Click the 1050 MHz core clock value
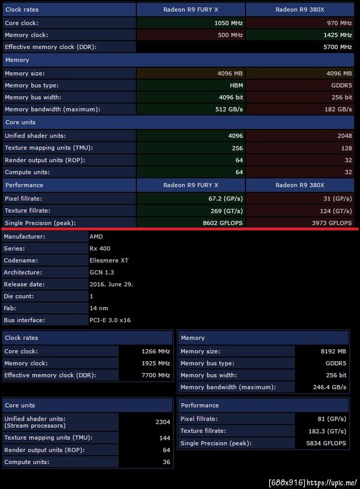pyautogui.click(x=226, y=23)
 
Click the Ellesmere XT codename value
pyautogui.click(x=109, y=260)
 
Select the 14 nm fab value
pyautogui.click(x=98, y=308)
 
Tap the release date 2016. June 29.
pyautogui.click(x=111, y=284)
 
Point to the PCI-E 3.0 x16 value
pyautogui.click(x=110, y=320)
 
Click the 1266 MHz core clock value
pyautogui.click(x=155, y=352)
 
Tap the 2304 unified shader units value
pyautogui.click(x=163, y=422)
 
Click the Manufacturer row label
pyautogui.click(x=25, y=236)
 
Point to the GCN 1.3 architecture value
pyautogui.click(x=101, y=272)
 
